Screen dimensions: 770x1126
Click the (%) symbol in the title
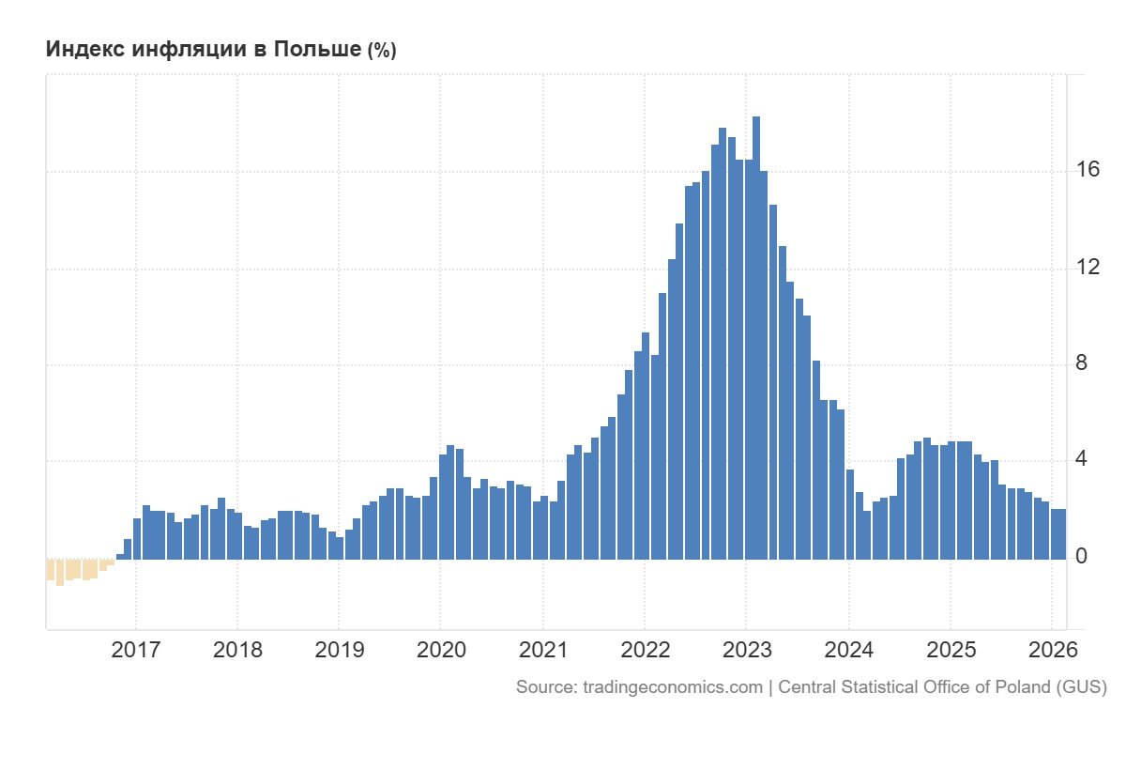tap(381, 51)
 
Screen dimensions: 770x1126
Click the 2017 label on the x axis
tap(136, 650)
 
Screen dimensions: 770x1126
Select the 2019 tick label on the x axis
tap(339, 650)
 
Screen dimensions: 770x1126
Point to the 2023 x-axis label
tap(746, 650)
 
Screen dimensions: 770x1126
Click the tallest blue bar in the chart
tap(756, 338)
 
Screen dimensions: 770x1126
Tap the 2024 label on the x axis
tap(847, 650)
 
